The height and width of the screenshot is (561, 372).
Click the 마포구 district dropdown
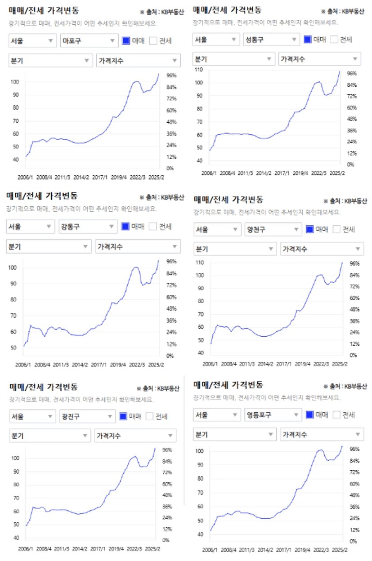coord(89,41)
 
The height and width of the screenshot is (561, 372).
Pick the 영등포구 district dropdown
coord(273,415)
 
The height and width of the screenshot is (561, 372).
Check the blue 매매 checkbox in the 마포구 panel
coord(126,41)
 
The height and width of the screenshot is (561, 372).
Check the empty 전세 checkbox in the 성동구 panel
coord(334,40)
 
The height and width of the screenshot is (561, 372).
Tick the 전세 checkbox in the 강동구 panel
coord(153,227)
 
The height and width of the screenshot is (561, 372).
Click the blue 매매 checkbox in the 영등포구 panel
coord(309,415)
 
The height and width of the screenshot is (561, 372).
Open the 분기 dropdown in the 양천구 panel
coord(234,249)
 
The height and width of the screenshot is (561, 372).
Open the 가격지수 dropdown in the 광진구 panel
coord(135,436)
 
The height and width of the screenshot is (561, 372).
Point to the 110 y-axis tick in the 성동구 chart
coord(199,70)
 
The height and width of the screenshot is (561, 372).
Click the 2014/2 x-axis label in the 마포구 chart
coord(81,177)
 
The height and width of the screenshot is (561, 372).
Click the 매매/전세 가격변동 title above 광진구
coord(43,387)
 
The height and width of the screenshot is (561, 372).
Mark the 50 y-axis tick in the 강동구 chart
coord(13,348)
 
